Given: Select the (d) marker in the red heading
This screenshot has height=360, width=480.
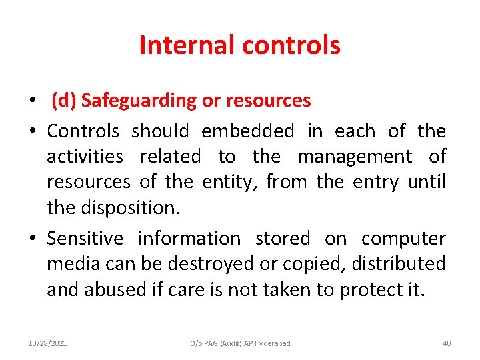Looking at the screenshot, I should [x=64, y=101].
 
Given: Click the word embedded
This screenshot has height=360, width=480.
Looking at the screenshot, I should [x=247, y=131].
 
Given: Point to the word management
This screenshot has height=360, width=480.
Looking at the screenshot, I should [x=355, y=157].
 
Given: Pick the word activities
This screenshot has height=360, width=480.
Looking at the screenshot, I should [x=85, y=157].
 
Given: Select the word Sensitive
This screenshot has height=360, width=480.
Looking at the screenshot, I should [x=85, y=238].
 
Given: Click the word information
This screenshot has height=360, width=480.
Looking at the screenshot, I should [x=189, y=238].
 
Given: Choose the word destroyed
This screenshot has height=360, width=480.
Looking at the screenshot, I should [x=215, y=264].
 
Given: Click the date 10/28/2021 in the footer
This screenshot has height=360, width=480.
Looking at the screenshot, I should [x=47, y=343].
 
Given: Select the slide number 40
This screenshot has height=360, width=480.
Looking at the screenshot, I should [x=447, y=343].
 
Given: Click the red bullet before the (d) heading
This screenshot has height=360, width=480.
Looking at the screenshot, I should [x=33, y=101].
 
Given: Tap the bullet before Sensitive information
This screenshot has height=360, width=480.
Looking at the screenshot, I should [x=33, y=239].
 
